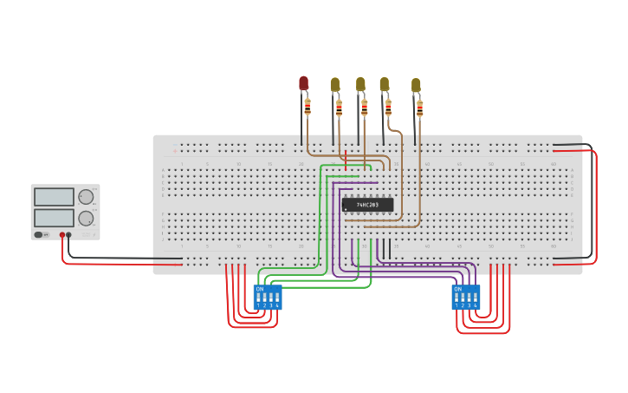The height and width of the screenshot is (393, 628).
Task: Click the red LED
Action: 303,82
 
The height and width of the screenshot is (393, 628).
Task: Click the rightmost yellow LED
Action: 416,85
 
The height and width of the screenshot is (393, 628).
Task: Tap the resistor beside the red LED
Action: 308,107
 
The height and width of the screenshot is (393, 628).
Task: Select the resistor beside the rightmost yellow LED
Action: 420,108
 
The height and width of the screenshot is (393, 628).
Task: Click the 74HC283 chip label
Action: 367,205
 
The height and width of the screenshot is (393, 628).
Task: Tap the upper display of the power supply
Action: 54,197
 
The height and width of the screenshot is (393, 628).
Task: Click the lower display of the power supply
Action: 54,217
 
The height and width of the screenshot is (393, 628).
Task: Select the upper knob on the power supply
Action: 86,197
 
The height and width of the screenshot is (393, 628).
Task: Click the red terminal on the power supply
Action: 62,234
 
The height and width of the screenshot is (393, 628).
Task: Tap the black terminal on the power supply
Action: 69,234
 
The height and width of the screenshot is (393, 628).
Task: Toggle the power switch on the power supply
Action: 39,234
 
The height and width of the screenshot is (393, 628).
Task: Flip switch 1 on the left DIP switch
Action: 258,298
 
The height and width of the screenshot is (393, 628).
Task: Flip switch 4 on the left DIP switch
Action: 277,298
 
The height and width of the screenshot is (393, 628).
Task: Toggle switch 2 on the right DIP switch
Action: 463,298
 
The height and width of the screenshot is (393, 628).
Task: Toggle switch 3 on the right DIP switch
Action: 469,298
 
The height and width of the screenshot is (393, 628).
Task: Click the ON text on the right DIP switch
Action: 458,289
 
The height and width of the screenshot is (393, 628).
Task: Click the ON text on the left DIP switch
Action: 260,289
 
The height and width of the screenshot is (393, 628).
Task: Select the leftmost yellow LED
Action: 335,84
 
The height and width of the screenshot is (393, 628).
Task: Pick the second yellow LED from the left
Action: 360,84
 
